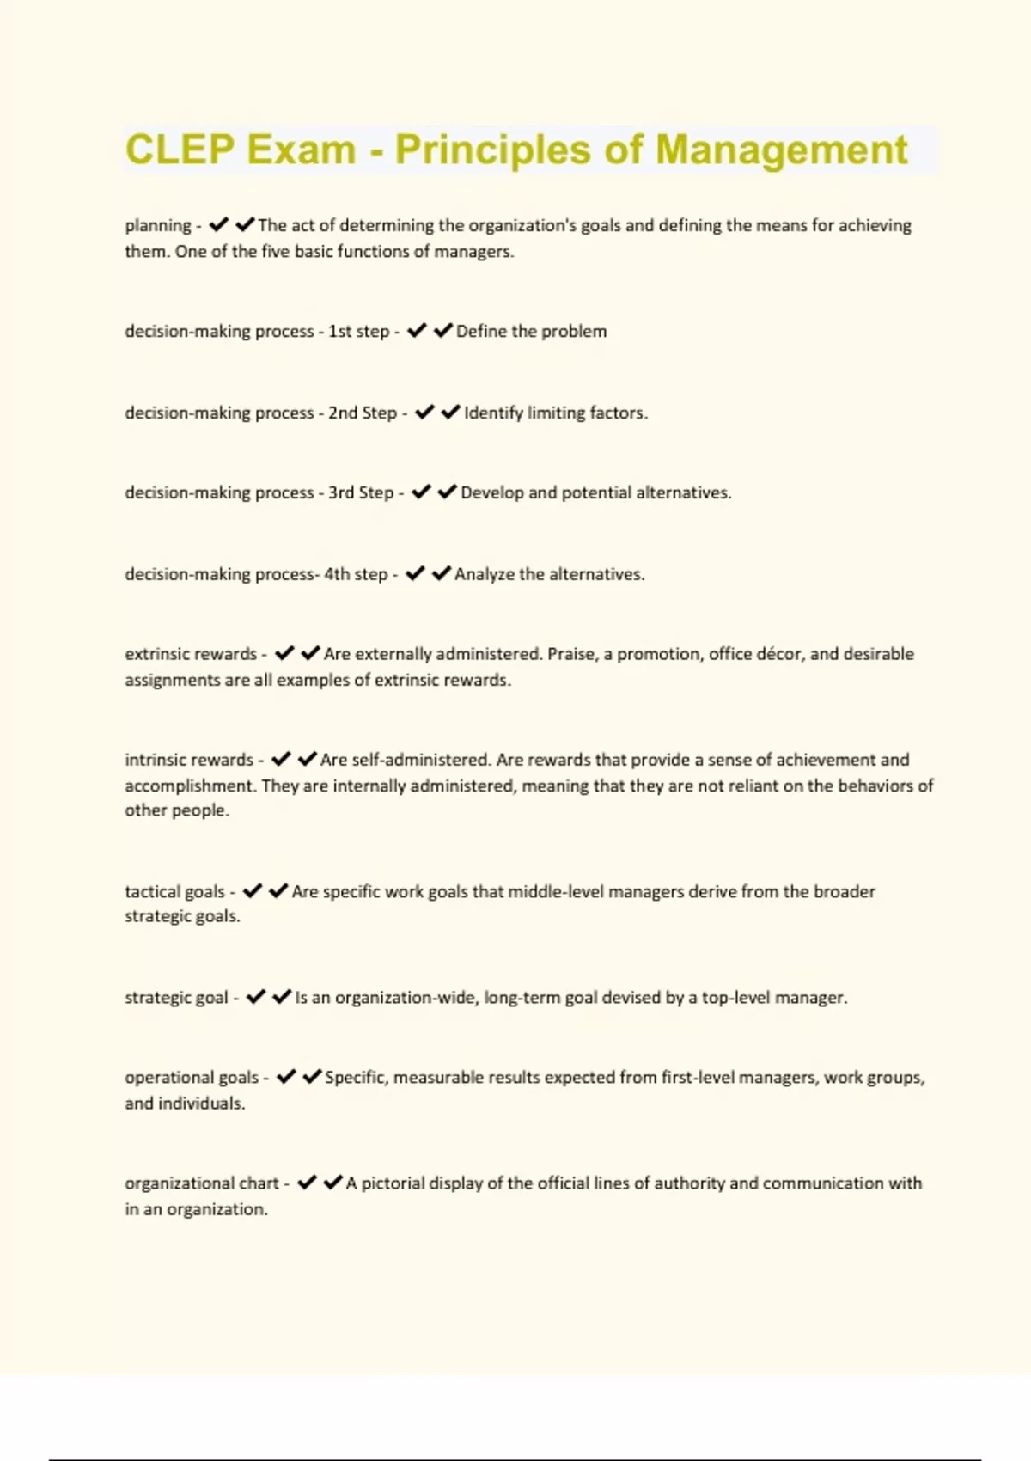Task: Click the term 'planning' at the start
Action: coord(158,225)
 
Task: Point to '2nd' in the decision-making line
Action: coord(342,413)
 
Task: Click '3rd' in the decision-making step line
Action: coord(341,492)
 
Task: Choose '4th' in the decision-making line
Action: coord(337,574)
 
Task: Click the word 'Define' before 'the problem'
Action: coord(482,331)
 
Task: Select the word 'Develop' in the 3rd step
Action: coord(491,492)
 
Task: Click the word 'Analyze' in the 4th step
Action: coord(484,574)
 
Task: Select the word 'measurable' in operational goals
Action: coord(438,1078)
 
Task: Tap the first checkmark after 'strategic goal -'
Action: coord(255,997)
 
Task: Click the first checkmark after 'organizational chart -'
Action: coord(307,1183)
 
